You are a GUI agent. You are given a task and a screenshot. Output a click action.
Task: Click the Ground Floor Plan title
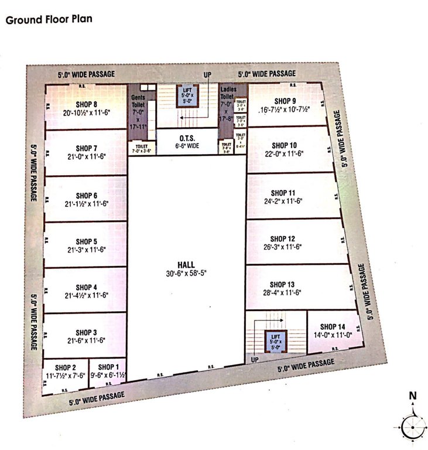point(49,19)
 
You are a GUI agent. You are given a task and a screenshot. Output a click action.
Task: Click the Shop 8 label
point(87,105)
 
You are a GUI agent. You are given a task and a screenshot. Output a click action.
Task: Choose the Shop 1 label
point(108,367)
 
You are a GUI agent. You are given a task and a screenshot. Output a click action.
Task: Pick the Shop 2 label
point(66,367)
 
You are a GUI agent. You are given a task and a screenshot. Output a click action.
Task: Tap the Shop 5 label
point(87,241)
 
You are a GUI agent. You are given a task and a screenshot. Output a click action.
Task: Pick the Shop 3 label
point(86,332)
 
